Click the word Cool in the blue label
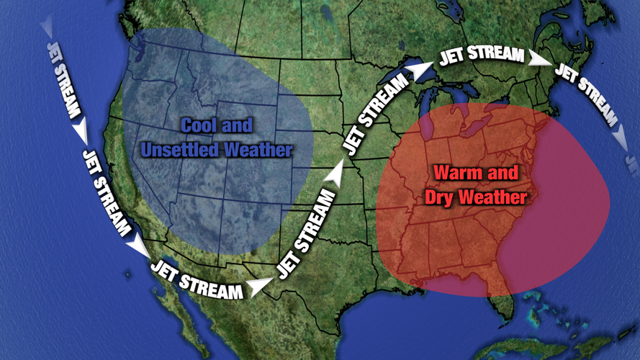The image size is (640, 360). pos(197,126)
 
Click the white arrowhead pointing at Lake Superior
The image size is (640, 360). pos(418,69)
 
